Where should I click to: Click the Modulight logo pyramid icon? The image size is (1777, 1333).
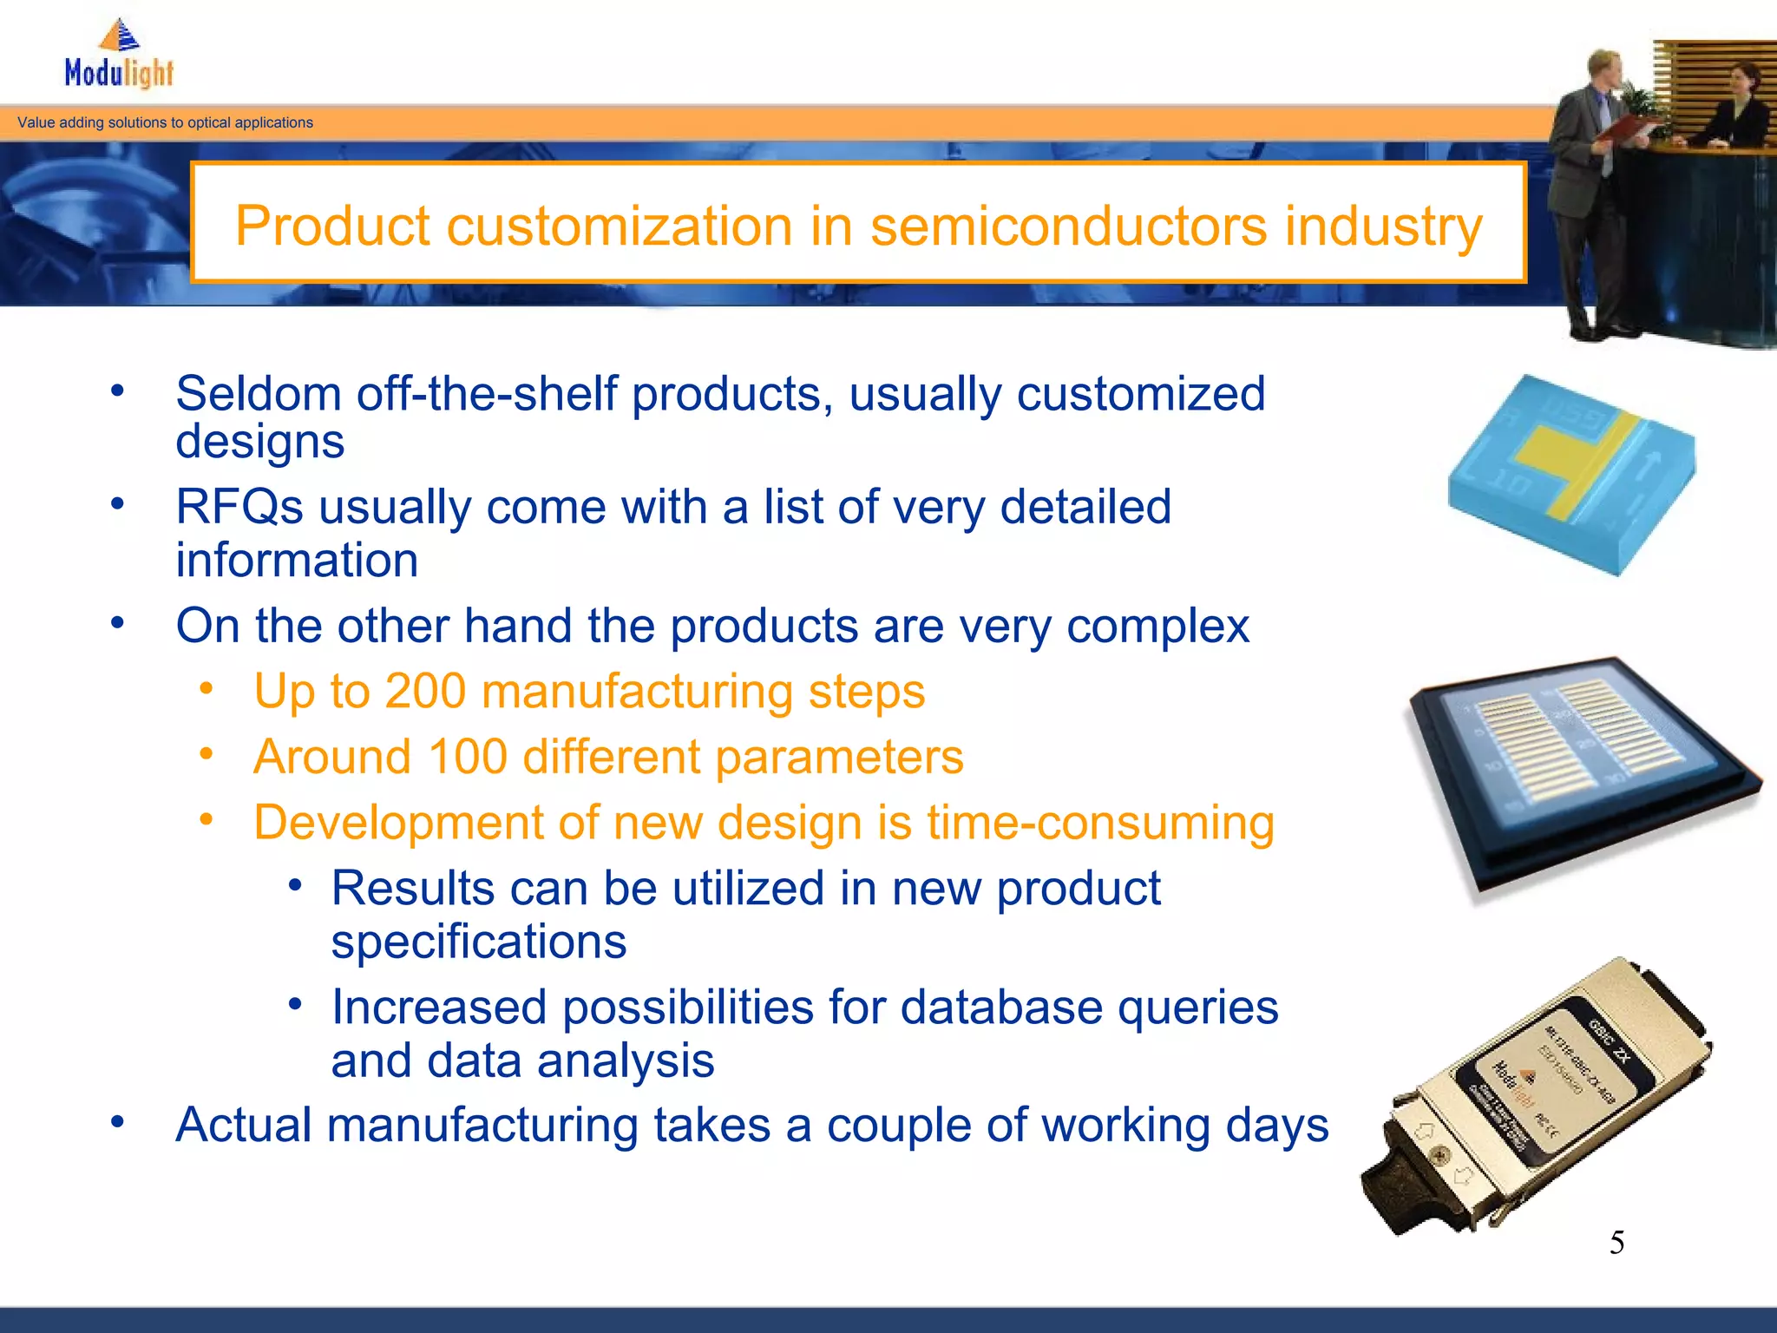click(120, 36)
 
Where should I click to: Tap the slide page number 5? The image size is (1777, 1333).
click(1616, 1243)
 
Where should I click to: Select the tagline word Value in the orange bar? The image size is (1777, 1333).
click(36, 122)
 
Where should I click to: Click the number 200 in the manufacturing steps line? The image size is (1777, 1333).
click(425, 692)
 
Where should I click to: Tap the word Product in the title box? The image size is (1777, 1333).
click(332, 227)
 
